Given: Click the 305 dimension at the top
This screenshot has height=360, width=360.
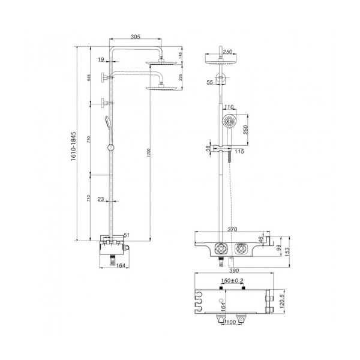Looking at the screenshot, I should click(135, 37).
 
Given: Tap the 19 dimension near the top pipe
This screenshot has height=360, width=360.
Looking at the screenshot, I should click(100, 59).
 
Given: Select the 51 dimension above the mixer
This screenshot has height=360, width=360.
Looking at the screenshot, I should click(127, 236).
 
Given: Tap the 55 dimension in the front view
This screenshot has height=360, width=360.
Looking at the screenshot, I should click(209, 82).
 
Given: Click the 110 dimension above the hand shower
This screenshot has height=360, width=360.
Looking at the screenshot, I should click(229, 107).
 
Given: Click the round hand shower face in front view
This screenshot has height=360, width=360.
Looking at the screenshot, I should click(228, 122).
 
